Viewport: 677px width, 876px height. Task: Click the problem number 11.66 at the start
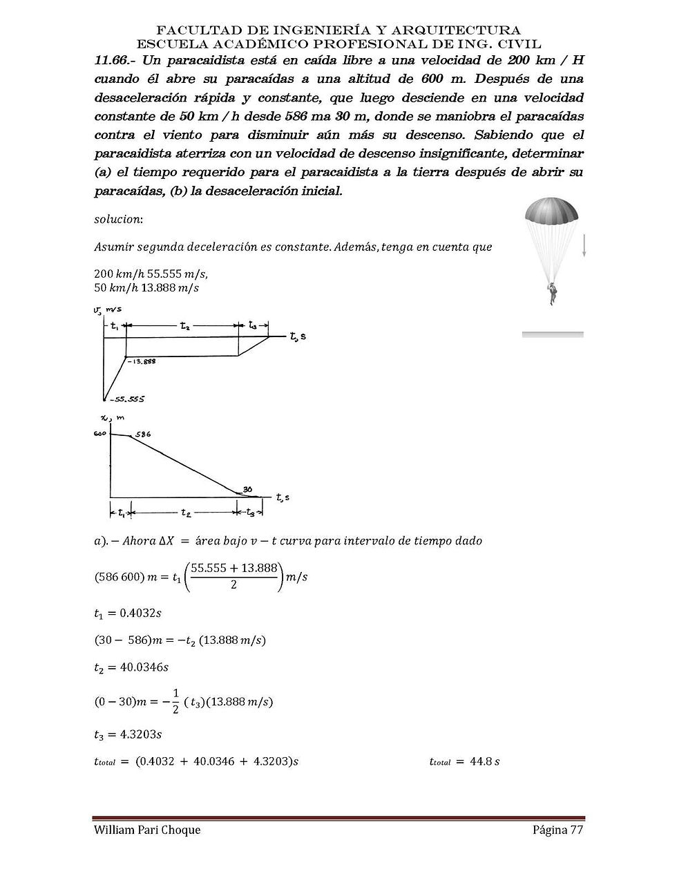pos(113,60)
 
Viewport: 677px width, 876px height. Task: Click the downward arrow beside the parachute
pos(584,246)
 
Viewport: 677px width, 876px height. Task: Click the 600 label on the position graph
pos(100,434)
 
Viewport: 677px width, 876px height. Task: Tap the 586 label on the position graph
pos(142,435)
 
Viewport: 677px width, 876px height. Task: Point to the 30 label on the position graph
pos(247,489)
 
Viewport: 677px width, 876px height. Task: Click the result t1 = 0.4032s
pos(128,613)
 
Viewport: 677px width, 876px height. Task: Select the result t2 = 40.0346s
pos(131,667)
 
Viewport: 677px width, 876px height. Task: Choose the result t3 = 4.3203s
pos(128,734)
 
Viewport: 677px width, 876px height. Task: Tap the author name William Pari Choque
pos(147,830)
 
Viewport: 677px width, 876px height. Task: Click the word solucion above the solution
pos(118,219)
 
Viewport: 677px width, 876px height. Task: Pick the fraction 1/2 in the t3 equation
pos(175,701)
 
